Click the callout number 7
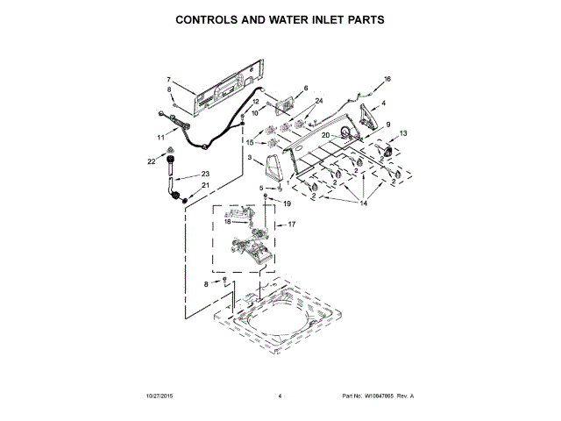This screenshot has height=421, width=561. [168, 80]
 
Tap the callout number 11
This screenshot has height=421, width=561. [160, 138]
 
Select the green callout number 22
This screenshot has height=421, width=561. [151, 161]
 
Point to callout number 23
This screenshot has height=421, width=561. [206, 173]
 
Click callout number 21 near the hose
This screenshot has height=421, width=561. [206, 185]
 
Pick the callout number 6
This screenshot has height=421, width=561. [306, 88]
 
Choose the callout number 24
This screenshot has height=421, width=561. [318, 102]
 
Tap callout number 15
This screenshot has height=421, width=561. [249, 142]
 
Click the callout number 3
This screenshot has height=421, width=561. [250, 158]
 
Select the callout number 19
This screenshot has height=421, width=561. [286, 203]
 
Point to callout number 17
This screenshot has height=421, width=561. [292, 225]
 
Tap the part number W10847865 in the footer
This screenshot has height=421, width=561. [380, 397]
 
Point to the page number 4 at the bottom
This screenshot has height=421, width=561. [279, 397]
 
